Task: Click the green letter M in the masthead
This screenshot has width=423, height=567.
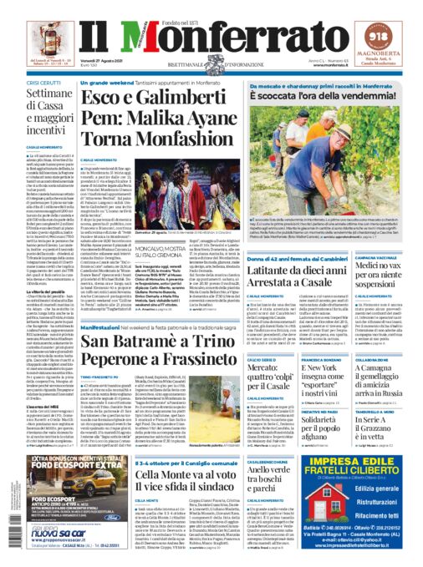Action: coord(133,34)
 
